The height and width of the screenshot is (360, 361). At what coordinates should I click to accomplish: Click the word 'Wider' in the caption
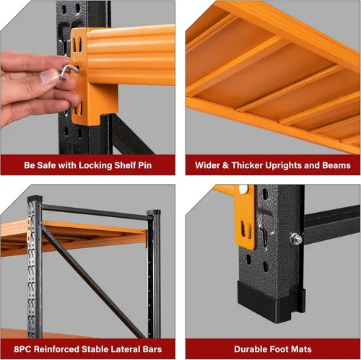click(209, 165)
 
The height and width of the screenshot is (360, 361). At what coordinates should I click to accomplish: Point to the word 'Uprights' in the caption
click(285, 165)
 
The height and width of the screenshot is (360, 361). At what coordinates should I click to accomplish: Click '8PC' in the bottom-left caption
click(22, 348)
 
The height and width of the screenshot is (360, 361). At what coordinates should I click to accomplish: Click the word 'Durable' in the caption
click(248, 348)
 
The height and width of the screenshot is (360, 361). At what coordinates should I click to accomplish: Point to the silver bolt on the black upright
click(295, 238)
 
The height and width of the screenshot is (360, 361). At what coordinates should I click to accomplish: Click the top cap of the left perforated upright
click(34, 199)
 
